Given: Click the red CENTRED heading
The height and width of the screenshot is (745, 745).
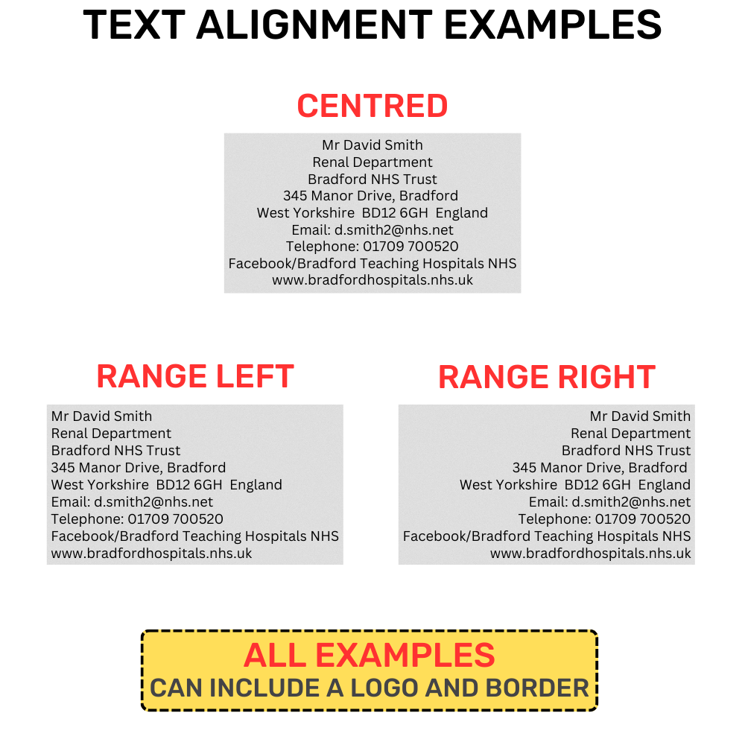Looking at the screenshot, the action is pyautogui.click(x=372, y=106).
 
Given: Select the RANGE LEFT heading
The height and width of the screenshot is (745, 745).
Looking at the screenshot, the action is pyautogui.click(x=195, y=376).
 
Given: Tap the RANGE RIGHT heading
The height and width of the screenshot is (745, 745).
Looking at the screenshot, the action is pyautogui.click(x=547, y=377).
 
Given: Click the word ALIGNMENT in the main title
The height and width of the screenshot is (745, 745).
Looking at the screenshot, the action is pyautogui.click(x=314, y=25).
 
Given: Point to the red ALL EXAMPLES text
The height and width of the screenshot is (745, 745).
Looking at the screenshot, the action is pyautogui.click(x=370, y=655).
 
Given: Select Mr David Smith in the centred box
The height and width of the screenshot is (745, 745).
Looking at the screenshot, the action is pyautogui.click(x=372, y=145).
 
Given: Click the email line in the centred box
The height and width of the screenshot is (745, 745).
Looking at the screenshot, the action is pyautogui.click(x=372, y=230).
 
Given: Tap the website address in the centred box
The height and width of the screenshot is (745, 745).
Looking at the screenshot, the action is pyautogui.click(x=372, y=280).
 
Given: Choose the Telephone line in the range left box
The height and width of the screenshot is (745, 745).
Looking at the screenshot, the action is pyautogui.click(x=137, y=519).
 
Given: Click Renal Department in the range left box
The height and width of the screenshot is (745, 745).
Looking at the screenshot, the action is pyautogui.click(x=111, y=434).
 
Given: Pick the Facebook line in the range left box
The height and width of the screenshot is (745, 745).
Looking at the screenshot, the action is pyautogui.click(x=194, y=536).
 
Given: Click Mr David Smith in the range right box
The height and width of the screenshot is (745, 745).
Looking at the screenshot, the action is pyautogui.click(x=640, y=416).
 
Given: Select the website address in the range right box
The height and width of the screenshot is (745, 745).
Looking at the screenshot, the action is pyautogui.click(x=591, y=554).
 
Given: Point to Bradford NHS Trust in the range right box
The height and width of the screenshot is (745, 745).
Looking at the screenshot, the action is pyautogui.click(x=627, y=451).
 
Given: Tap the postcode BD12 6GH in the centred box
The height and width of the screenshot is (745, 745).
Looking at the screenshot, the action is pyautogui.click(x=395, y=213).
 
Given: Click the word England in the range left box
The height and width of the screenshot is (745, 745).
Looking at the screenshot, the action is pyautogui.click(x=256, y=485).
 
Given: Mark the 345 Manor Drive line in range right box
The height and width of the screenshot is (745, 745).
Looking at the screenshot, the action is pyautogui.click(x=600, y=468).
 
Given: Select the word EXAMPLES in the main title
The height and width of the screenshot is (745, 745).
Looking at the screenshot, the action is pyautogui.click(x=553, y=25).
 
